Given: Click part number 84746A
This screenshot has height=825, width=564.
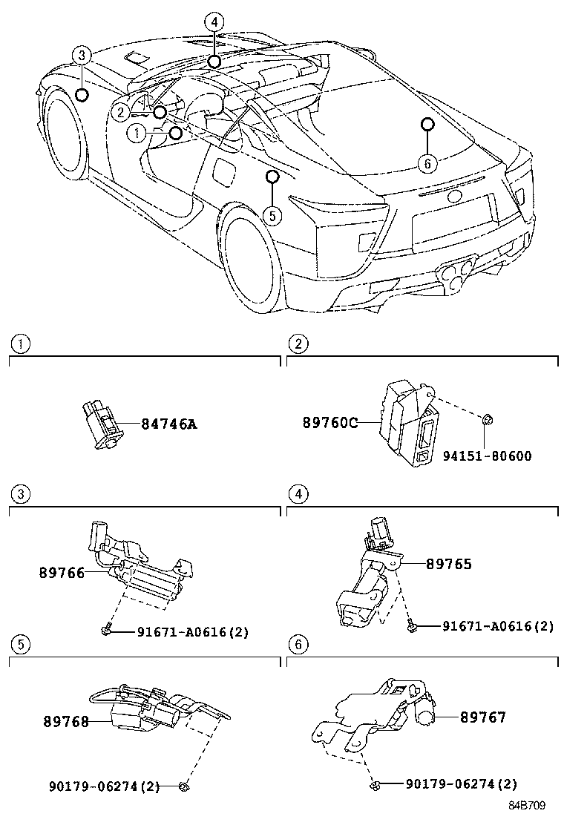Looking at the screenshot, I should [168, 424].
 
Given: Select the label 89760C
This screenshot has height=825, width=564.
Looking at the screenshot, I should [330, 423].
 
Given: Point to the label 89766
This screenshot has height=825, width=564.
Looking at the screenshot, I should [62, 572].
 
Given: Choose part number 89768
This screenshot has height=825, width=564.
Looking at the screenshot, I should [66, 720].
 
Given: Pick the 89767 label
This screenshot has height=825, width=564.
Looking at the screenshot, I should [482, 717].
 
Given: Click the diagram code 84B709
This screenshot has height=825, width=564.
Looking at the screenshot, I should [527, 805].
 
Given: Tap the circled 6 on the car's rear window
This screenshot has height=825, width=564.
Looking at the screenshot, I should [427, 162].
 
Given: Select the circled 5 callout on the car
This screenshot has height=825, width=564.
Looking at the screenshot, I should [272, 215].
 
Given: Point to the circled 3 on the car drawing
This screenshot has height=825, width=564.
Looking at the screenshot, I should [82, 55].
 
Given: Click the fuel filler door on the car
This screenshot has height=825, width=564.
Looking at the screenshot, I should [223, 167].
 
